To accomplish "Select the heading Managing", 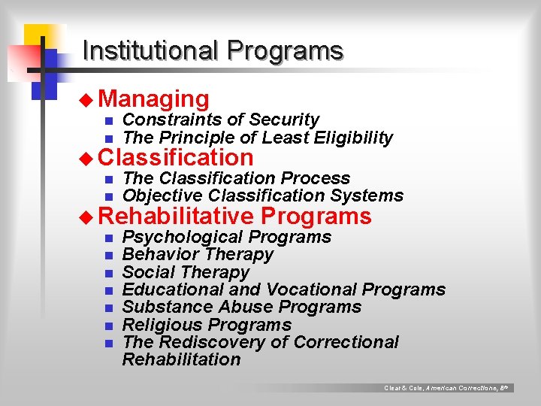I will [x=153, y=99].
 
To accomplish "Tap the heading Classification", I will [x=176, y=158].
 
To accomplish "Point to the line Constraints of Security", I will [x=220, y=120].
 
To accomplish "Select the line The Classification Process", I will [x=236, y=178].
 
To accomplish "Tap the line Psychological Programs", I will [x=226, y=237].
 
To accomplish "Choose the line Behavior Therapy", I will [x=198, y=254].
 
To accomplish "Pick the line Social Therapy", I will [x=186, y=272].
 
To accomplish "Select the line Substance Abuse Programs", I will [x=241, y=307].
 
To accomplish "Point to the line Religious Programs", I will [x=207, y=325].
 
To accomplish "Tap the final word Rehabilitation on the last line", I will [x=181, y=359].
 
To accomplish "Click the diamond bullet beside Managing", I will [x=89, y=99].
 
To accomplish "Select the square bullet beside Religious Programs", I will [x=108, y=326].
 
